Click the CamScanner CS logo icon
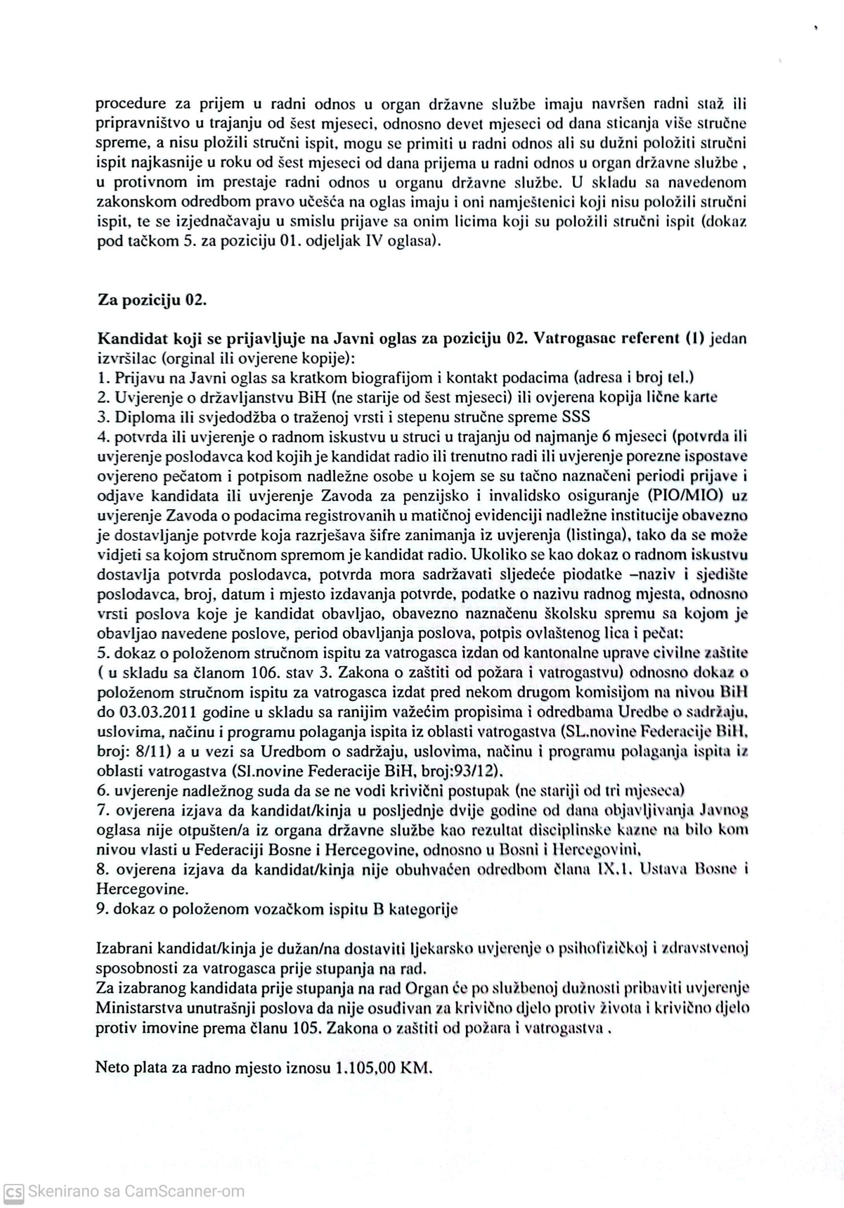[13, 1191]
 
